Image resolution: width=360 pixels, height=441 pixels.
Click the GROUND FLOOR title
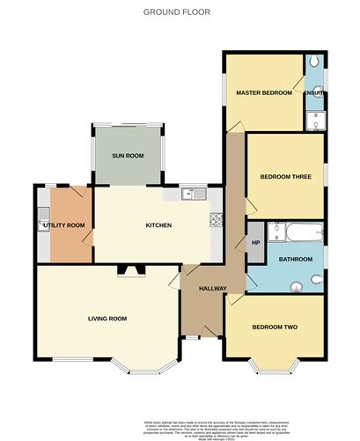tap(179, 12)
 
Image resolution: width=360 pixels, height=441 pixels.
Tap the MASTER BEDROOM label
tap(263, 92)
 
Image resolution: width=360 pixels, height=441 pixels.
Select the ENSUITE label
tap(314, 92)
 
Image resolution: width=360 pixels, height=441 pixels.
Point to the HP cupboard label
tap(256, 242)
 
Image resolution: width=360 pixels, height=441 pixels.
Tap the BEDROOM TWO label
tap(275, 327)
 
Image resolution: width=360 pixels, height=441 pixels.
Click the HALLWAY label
tap(213, 289)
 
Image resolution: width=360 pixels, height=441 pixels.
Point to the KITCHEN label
tap(158, 225)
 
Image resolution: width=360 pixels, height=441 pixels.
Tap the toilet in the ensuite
tap(315, 65)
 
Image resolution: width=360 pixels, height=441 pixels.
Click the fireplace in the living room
tap(129, 270)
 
